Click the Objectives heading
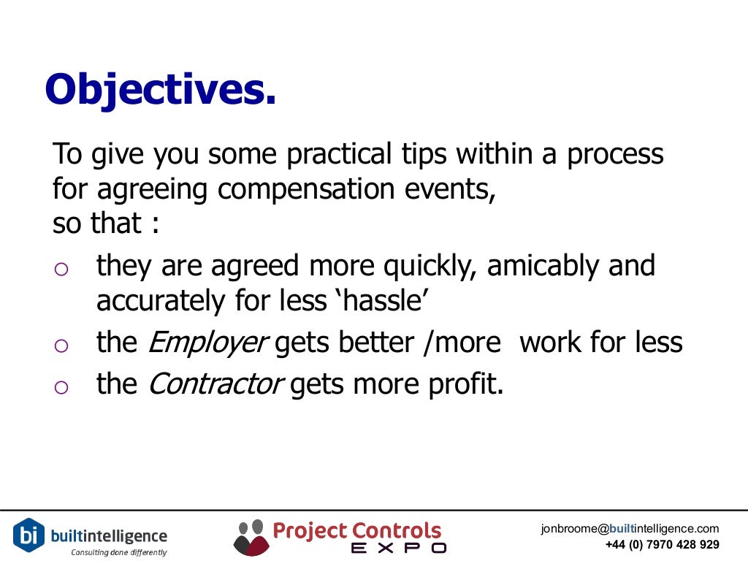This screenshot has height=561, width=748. pos(161,90)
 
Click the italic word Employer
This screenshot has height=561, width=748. pos(208,343)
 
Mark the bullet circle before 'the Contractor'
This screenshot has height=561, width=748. pos(61,387)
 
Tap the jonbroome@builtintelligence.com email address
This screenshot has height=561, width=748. pos(630,529)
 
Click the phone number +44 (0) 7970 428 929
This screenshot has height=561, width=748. pos(662,545)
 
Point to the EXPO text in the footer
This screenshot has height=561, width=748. pos(398,547)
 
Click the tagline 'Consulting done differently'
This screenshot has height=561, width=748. pos(118,552)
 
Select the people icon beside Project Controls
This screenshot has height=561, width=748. pos(251,537)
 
